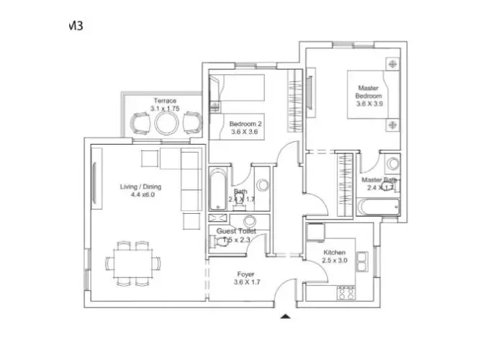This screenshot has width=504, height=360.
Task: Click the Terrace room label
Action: pos(164,101)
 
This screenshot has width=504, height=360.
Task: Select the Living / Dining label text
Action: pos(140,186)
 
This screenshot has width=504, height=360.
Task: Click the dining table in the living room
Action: pos(131,263)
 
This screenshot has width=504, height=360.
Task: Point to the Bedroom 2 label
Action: pos(246,124)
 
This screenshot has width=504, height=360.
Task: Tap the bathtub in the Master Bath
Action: pos(378,207)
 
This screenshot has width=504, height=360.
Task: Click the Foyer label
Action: pos(246,274)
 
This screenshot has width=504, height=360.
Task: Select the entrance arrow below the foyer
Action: pos(286,316)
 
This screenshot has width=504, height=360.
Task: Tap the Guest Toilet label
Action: pos(236,231)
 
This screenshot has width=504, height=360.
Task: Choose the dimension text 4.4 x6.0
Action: pos(140,194)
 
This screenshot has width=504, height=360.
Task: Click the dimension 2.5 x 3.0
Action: pos(335,261)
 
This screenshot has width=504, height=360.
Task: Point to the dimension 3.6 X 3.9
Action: pos(369,104)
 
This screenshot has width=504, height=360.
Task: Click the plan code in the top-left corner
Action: pos(74,25)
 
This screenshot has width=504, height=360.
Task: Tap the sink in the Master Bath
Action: pos(392,163)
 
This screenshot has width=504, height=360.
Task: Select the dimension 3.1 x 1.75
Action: pos(164,109)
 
